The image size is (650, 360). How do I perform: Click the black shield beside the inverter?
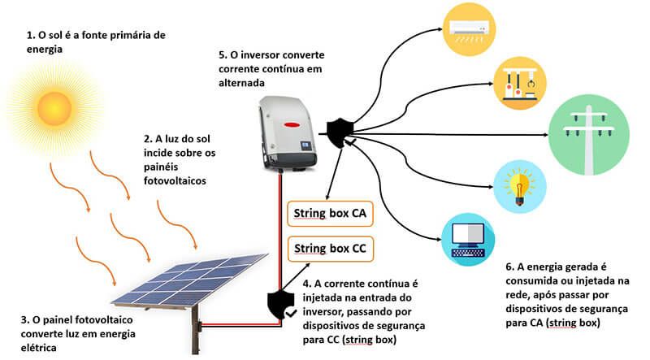[x=339, y=129]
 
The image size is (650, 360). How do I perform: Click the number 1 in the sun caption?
[x=30, y=35]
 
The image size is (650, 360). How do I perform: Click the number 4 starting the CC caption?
[x=306, y=284]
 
